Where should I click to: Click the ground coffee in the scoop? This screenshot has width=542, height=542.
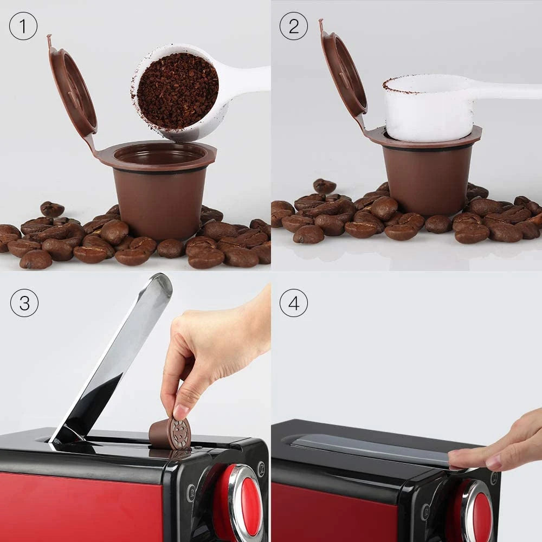pyautogui.click(x=177, y=91)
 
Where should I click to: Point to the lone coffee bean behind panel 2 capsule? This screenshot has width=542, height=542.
pyautogui.click(x=324, y=186)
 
